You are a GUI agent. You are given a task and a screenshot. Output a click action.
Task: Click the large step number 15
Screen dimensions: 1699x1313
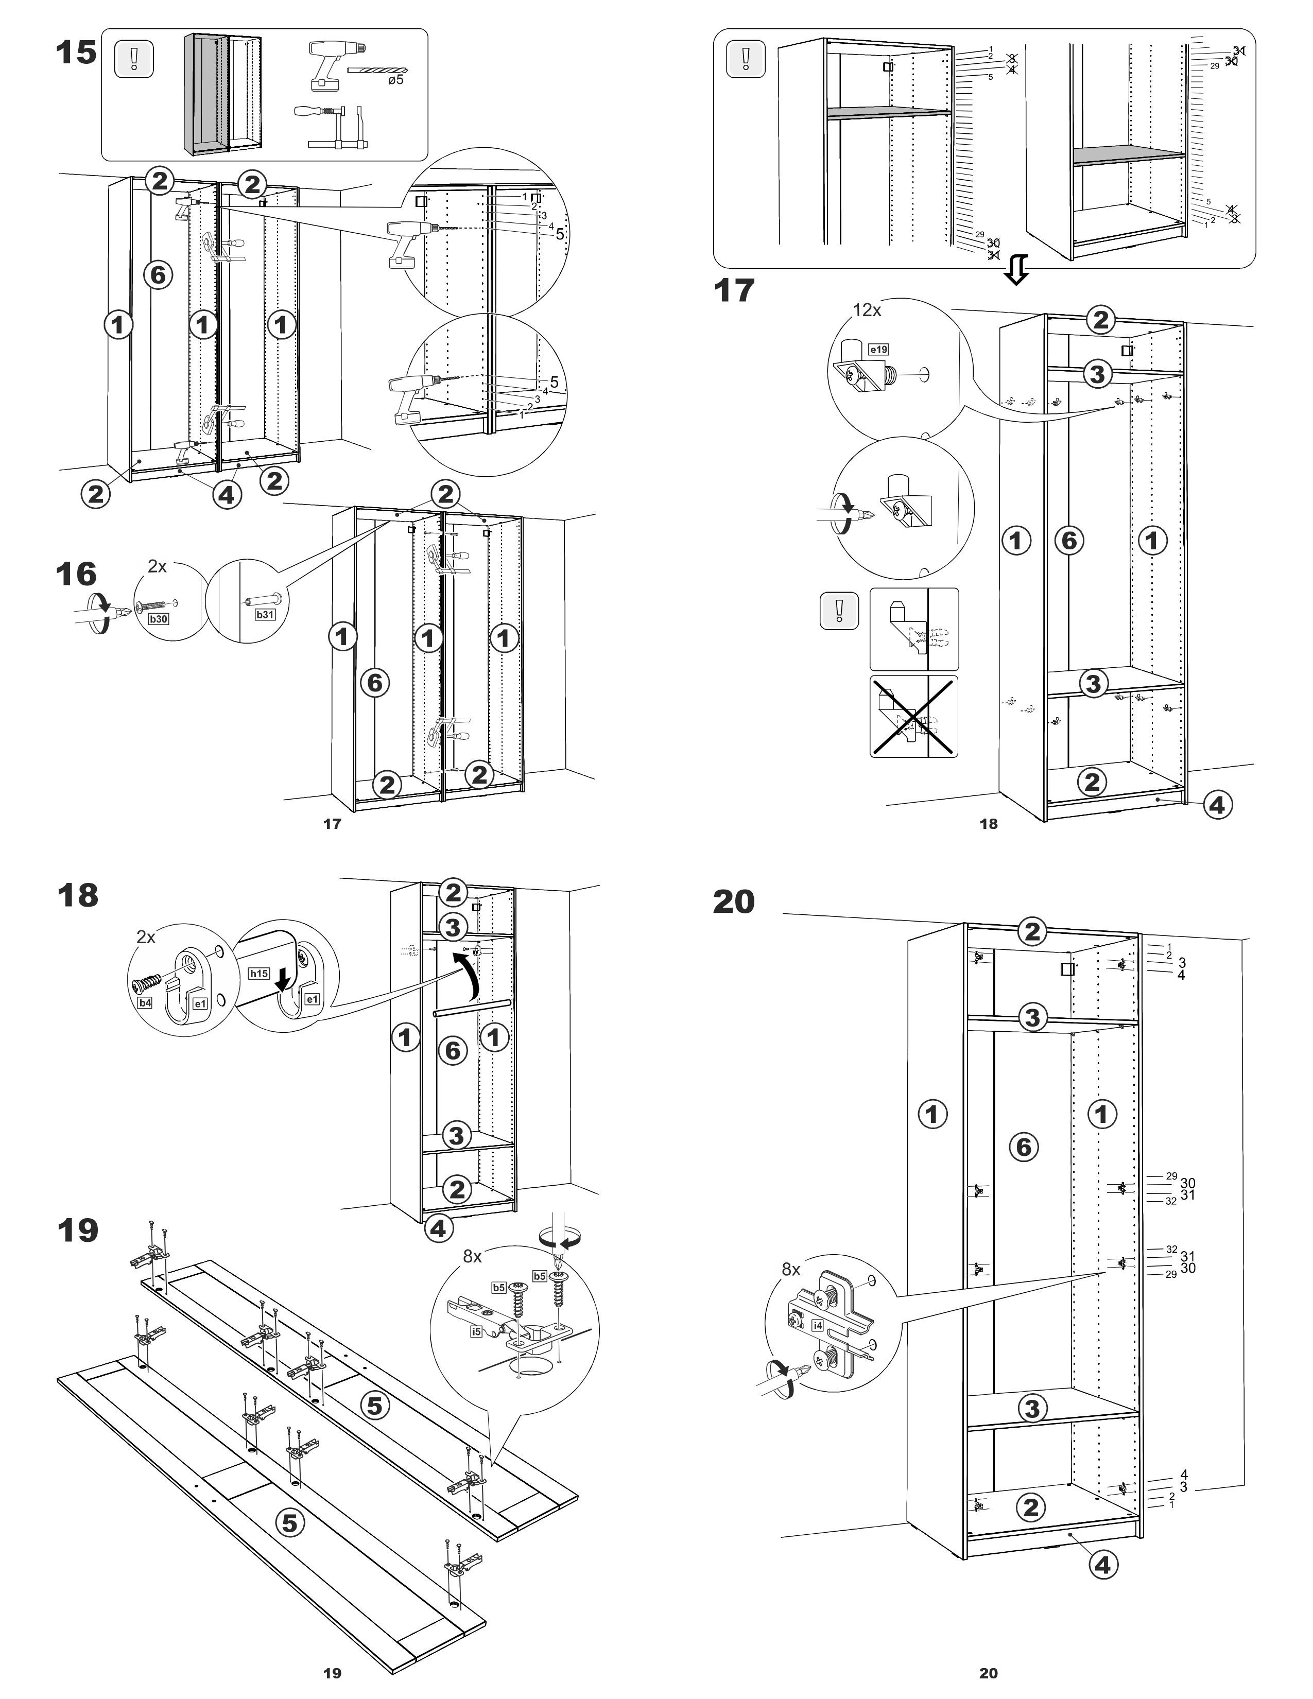click(76, 53)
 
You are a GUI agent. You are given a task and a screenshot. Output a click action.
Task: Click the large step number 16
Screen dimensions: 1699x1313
click(76, 574)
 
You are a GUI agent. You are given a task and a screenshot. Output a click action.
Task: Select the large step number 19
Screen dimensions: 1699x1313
click(78, 1230)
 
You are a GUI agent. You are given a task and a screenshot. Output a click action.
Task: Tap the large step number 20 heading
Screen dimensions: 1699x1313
click(734, 901)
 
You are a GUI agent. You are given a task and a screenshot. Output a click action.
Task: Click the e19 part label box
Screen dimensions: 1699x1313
click(878, 349)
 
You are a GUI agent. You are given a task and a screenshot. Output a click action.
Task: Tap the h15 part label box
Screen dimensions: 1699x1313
click(259, 973)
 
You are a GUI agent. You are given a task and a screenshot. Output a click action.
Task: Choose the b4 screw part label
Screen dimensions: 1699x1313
click(145, 1003)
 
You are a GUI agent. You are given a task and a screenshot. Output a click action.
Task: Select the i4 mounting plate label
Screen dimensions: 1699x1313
click(818, 1325)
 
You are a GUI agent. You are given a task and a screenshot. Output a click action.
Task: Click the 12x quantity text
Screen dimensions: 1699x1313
click(867, 309)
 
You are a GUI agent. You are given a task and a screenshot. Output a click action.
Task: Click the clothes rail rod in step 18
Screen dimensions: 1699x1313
click(471, 1008)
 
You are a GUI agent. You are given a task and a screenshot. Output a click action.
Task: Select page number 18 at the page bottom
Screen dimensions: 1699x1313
click(988, 824)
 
